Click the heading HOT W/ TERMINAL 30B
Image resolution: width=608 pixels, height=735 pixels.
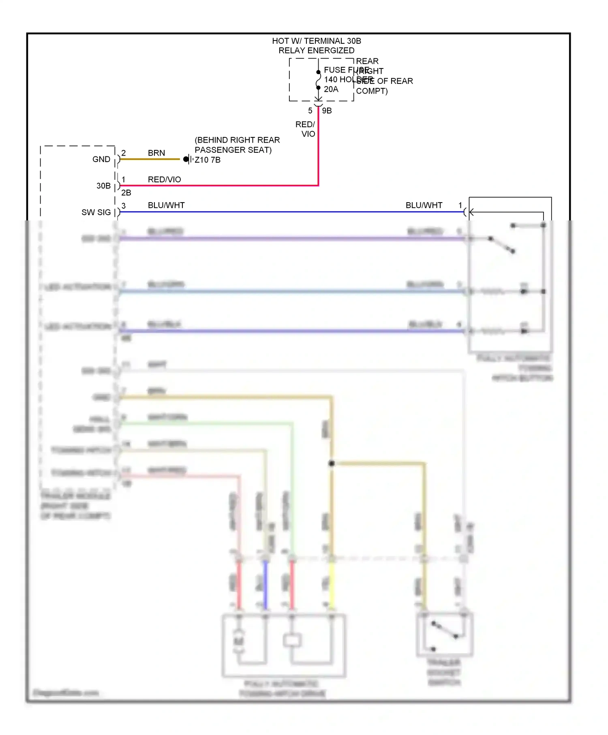(x=316, y=41)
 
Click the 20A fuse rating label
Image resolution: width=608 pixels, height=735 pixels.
(x=331, y=89)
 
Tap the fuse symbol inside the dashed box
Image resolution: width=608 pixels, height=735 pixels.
(x=319, y=80)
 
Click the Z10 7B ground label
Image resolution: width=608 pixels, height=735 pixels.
(x=208, y=160)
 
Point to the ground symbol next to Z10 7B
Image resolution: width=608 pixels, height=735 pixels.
(x=188, y=159)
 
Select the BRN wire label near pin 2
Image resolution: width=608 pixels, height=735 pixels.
(x=156, y=153)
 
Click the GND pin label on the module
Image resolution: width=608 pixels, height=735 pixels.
(x=101, y=159)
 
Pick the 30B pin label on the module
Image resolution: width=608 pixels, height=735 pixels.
(x=103, y=186)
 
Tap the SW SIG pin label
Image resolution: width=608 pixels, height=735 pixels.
(x=96, y=212)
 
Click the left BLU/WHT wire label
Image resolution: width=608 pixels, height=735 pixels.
(x=166, y=205)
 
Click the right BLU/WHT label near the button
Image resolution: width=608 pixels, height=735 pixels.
(x=424, y=205)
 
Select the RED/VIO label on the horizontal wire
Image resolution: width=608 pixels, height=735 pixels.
(x=164, y=179)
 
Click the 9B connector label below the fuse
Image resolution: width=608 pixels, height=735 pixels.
(x=327, y=111)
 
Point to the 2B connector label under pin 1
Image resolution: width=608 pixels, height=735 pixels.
(x=126, y=193)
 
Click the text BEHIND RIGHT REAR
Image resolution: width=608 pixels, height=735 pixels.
(x=237, y=140)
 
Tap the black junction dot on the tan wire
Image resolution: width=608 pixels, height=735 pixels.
(x=332, y=463)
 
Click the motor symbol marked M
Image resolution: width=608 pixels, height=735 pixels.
(x=239, y=641)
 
